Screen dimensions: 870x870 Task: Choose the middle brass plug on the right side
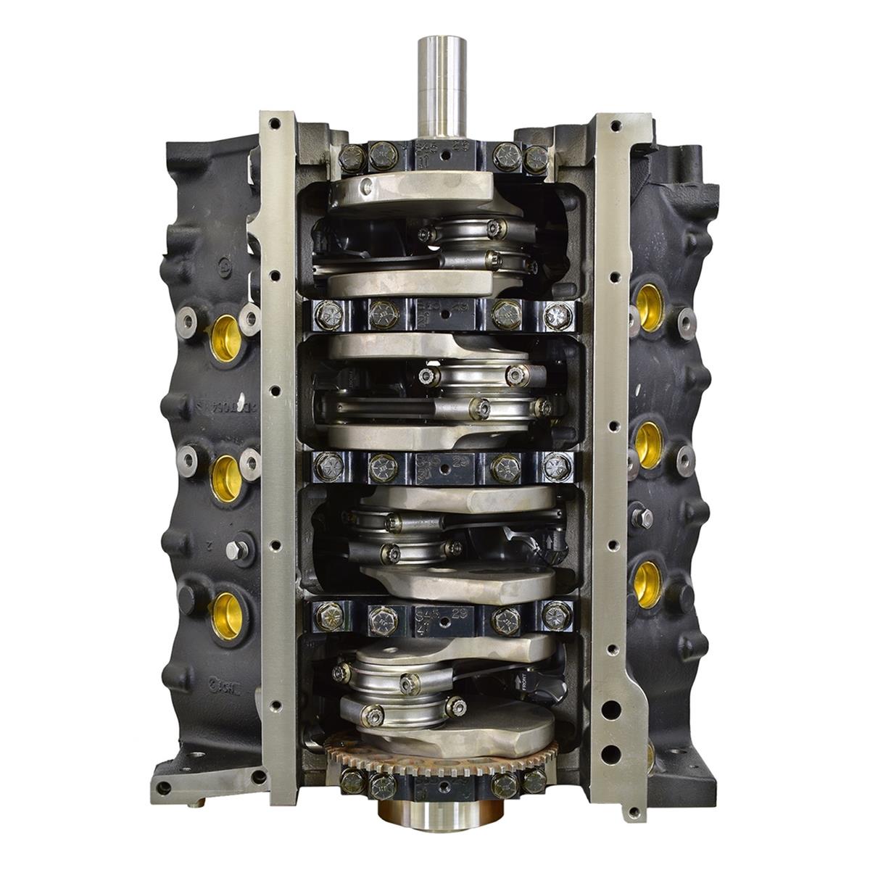pyautogui.click(x=647, y=444)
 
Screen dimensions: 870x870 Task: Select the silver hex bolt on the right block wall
pyautogui.click(x=641, y=518)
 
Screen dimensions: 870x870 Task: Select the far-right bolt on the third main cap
pyautogui.click(x=556, y=466)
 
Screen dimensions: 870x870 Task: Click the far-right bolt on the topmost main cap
pyautogui.click(x=536, y=158)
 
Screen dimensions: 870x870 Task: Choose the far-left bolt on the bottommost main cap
pyautogui.click(x=352, y=781)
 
